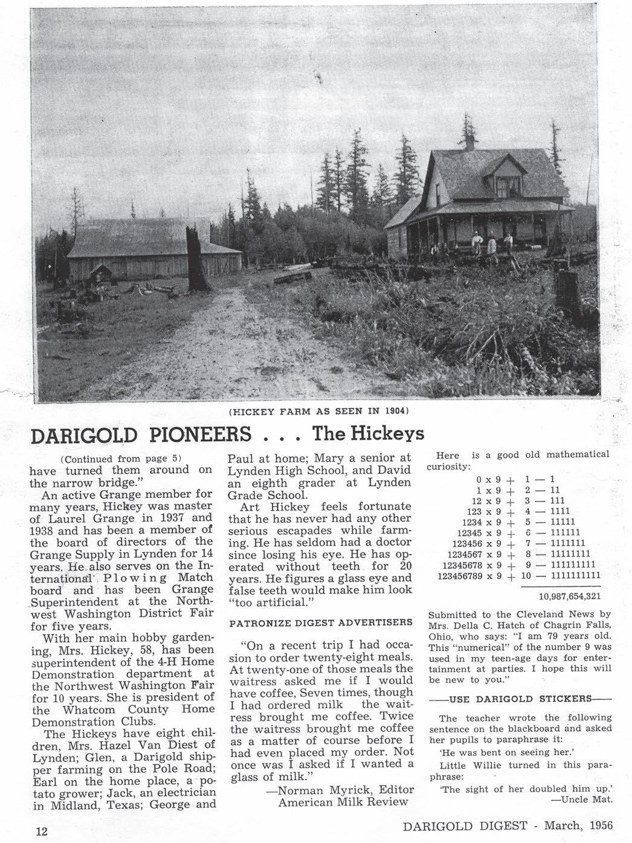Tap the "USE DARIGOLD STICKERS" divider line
point(520,699)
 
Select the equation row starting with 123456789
point(519,575)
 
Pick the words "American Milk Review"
point(343,802)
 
